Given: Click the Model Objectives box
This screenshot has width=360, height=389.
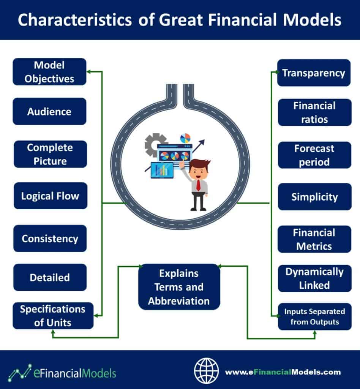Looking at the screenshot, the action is point(49,72).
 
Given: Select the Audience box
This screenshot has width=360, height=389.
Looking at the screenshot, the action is point(49,111).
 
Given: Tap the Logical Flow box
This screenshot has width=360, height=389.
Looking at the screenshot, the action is point(51,196).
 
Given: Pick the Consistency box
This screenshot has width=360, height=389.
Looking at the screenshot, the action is point(50,239).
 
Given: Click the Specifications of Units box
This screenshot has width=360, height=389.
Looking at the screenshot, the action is point(53,316).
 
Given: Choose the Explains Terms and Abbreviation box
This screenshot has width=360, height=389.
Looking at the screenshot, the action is point(179,287).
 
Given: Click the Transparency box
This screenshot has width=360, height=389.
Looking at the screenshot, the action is point(314,73).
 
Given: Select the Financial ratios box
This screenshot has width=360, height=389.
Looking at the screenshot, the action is point(315,112).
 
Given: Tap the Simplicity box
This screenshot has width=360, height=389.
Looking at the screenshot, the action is point(315,197).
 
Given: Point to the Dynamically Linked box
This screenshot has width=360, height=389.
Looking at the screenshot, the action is point(315,278).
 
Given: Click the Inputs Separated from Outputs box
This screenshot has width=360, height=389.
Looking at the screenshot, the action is point(315,316).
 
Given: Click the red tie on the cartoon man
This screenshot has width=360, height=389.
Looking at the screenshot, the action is point(198,185).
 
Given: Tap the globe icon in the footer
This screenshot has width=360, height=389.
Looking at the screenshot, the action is point(206,371).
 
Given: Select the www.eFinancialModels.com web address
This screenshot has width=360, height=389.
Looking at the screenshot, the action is point(283,372).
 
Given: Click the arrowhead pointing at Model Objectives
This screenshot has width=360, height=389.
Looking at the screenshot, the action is point(89,72).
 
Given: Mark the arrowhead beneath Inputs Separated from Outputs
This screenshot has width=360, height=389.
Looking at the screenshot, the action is point(315,333).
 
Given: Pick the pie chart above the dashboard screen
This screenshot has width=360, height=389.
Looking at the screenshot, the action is point(185,138).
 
